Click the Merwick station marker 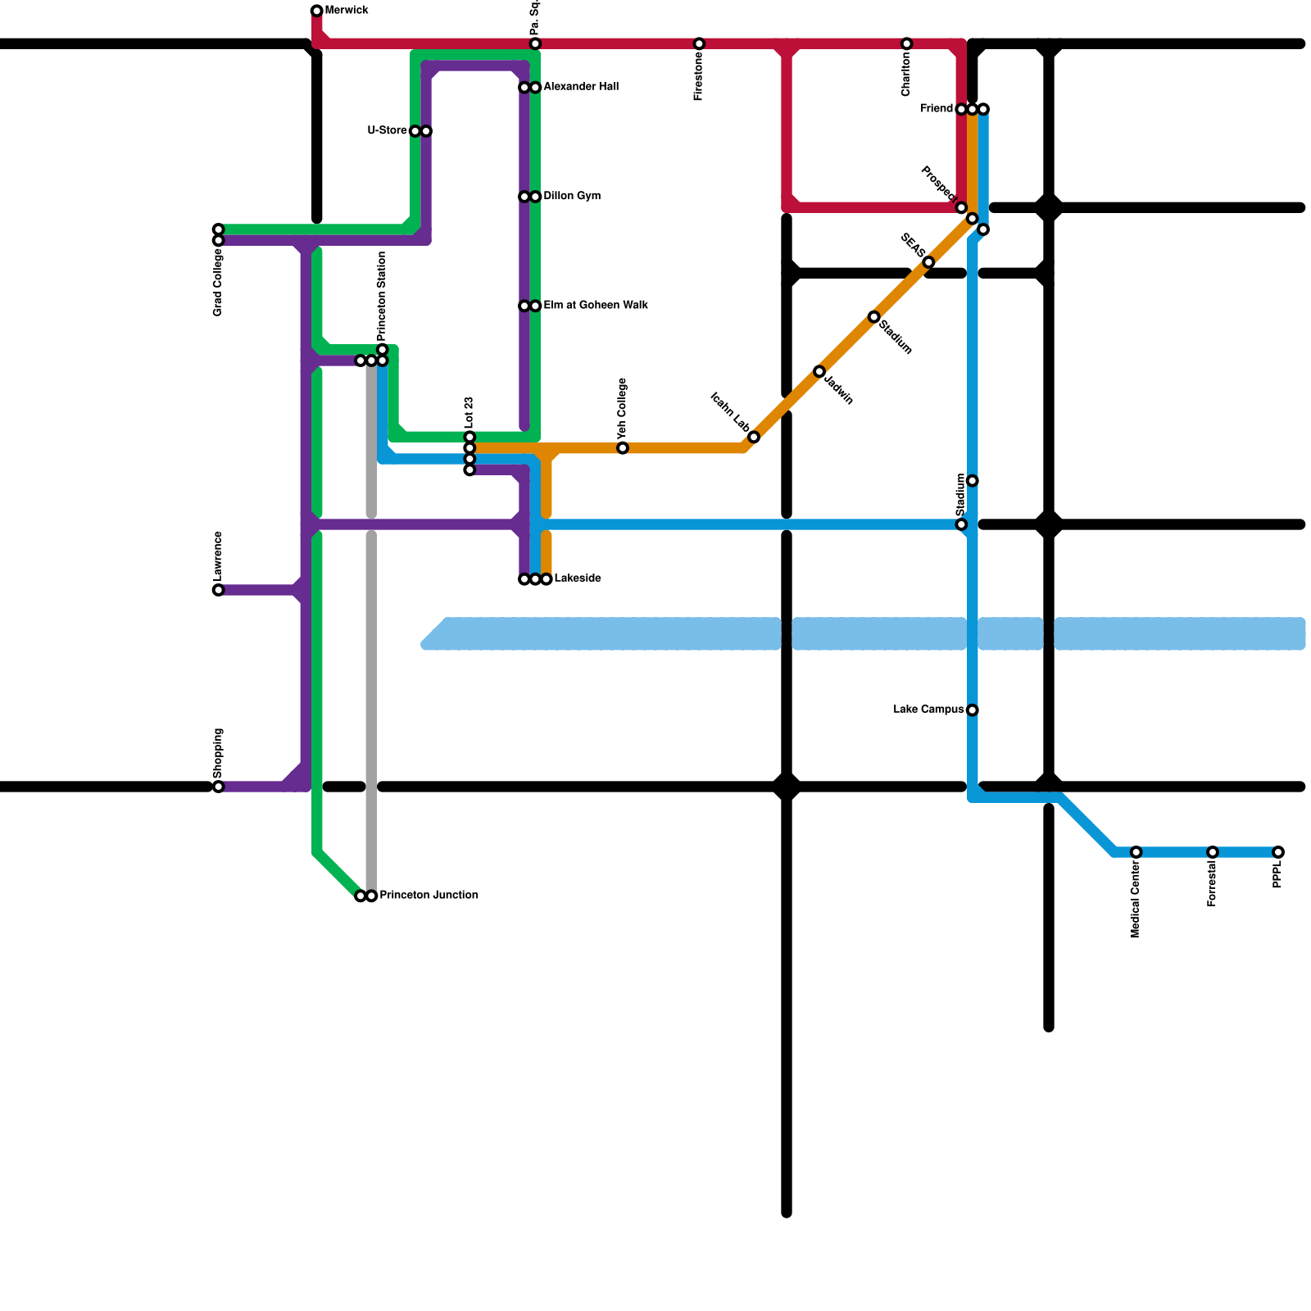317,11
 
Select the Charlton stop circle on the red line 906,43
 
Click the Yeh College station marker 623,447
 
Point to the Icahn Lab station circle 754,437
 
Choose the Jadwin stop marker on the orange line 819,371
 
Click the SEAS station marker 928,262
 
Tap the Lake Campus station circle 972,710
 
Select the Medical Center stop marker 1136,852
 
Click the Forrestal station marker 1213,852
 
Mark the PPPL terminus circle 1278,852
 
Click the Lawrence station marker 218,590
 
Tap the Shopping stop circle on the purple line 218,787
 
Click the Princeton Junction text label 429,896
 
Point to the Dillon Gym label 572,197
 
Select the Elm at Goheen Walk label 596,306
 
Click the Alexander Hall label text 581,87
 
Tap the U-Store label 387,131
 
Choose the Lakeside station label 578,578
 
